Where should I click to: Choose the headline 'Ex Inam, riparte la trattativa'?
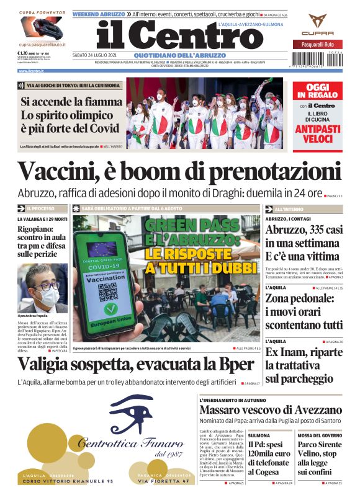click(304, 365)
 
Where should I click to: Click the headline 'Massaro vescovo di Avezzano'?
click(271, 410)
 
